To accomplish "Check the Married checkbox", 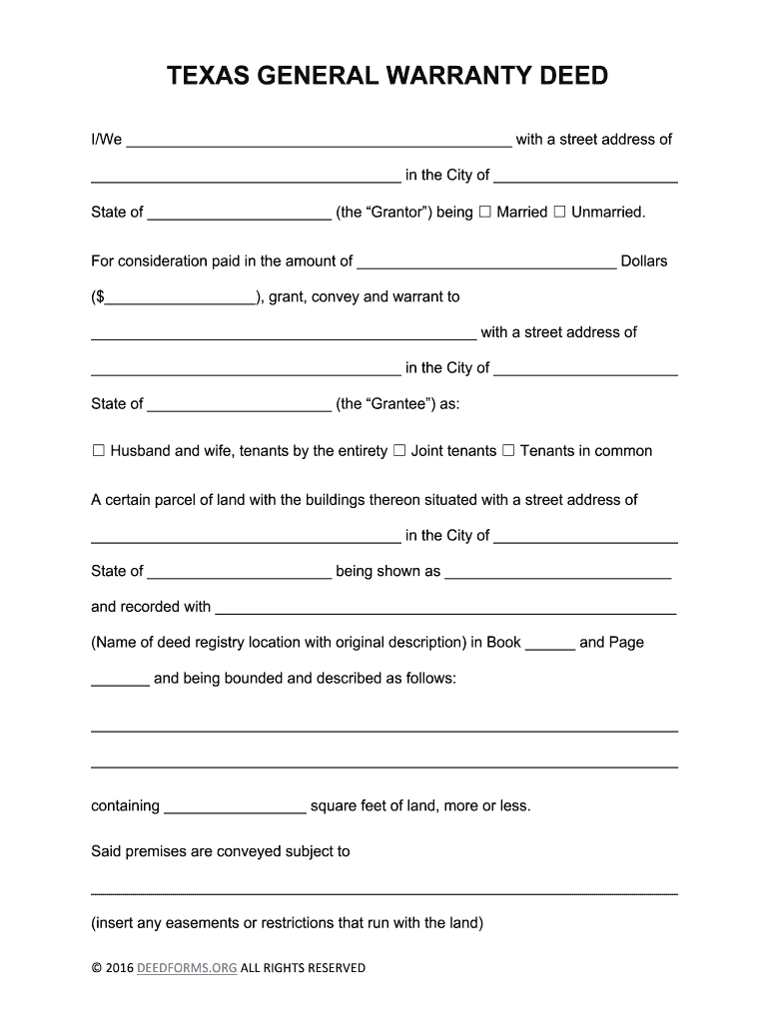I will pyautogui.click(x=484, y=212).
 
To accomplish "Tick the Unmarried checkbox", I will pyautogui.click(x=559, y=212).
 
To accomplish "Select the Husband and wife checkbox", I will pyautogui.click(x=98, y=451).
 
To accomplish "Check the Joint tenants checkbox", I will pyautogui.click(x=398, y=451).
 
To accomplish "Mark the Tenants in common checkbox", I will pyautogui.click(x=508, y=451).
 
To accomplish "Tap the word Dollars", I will pyautogui.click(x=644, y=261).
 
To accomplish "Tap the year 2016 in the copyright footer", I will pyautogui.click(x=119, y=968).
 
